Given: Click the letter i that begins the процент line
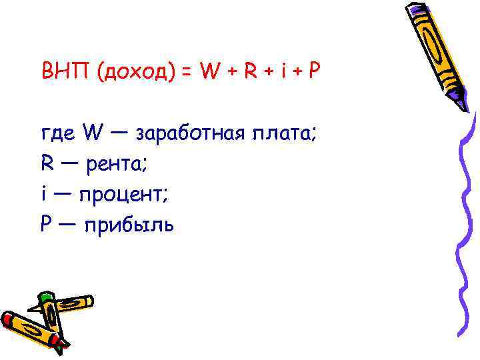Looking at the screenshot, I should coord(43,194).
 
